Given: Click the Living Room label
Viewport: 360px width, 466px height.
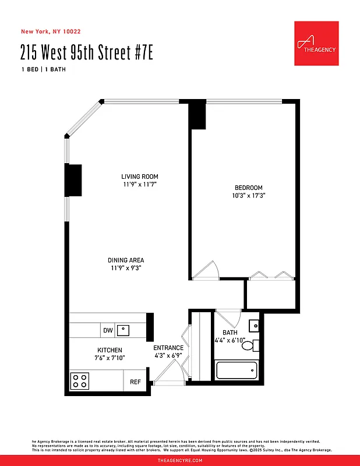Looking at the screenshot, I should click(140, 176).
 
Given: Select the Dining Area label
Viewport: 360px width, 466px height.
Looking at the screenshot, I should click(126, 260).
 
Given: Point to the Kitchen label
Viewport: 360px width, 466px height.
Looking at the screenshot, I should click(110, 350).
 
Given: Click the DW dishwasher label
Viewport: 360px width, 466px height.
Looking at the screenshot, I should click(108, 331).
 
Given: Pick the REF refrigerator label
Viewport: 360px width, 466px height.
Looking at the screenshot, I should click(135, 382).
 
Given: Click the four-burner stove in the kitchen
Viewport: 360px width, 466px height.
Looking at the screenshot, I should click(80, 382).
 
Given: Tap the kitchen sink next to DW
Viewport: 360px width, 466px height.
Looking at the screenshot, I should click(123, 331).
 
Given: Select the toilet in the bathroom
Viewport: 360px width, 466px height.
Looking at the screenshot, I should click(249, 345).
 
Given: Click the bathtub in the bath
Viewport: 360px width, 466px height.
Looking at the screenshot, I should click(237, 370).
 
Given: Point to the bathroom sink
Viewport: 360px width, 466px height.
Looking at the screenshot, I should click(254, 326).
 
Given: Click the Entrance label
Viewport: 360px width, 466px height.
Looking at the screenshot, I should click(168, 348).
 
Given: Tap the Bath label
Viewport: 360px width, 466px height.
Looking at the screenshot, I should click(230, 333).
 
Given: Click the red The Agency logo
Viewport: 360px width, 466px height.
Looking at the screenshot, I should click(316, 44).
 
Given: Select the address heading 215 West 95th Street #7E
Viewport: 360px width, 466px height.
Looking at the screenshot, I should click(87, 54).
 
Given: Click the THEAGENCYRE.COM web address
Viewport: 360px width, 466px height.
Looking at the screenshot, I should click(180, 460).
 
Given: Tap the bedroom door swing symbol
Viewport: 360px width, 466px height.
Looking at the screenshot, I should click(207, 270).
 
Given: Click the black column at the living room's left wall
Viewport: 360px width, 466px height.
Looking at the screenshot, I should click(73, 181).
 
